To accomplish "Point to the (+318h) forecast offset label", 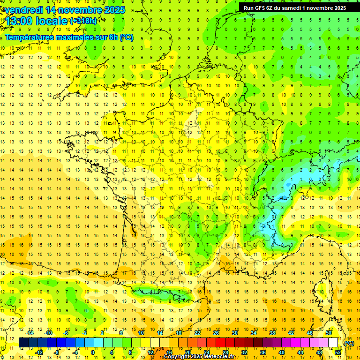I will coord(83,21).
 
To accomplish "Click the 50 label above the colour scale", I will coord(328,333).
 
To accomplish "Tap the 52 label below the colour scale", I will coord(338,352).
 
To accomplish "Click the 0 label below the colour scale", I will coord(93,352).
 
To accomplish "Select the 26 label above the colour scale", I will coord(216,333).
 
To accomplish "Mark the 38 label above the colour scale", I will coord(272,333).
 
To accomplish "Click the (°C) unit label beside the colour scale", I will coord(349,343).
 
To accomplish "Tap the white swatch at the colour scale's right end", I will coord(333,343).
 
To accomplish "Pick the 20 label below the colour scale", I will coord(187,352).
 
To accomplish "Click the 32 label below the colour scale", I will coord(244,352).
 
